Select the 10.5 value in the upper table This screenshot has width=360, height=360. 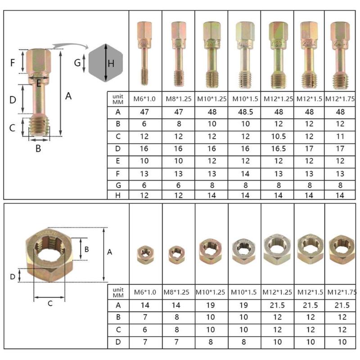tap(277, 136)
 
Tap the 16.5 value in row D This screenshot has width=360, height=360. tap(277, 148)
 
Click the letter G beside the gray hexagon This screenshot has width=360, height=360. tap(77, 63)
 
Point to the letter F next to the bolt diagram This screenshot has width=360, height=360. tap(13, 62)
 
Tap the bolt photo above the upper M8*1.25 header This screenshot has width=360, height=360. tap(178, 53)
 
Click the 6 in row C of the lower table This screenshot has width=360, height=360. tap(145, 329)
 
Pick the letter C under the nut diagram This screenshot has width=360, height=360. tap(50, 303)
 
